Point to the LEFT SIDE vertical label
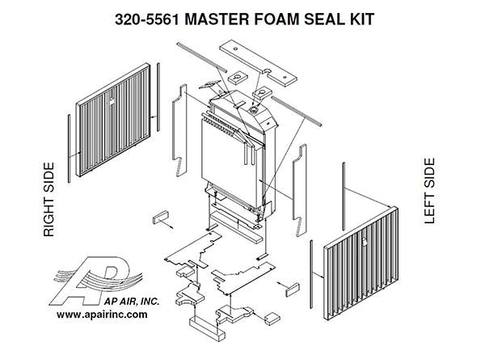tap(429, 191)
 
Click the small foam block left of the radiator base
tap(159, 217)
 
